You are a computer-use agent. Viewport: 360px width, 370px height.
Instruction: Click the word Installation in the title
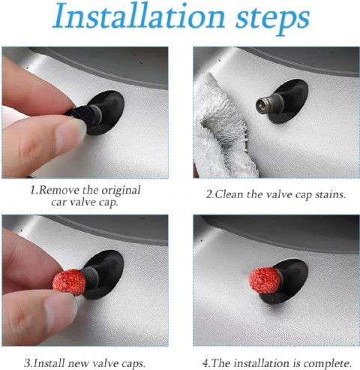coord(139,17)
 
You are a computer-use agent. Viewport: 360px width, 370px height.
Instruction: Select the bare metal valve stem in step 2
coord(265,105)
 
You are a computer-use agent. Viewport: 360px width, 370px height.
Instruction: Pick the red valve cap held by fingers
coord(70,281)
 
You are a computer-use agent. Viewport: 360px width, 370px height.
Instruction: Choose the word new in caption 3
coord(79,364)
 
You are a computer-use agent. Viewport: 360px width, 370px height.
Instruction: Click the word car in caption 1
coord(58,203)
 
